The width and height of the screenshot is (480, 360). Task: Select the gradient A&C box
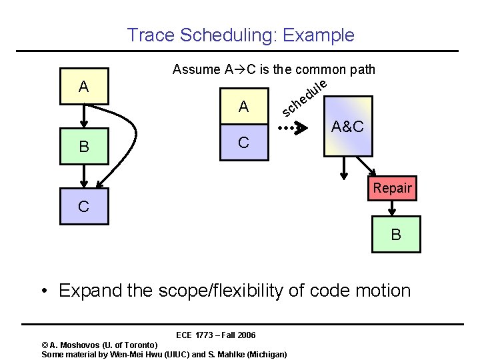(347, 126)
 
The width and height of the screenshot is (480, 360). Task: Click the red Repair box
(392, 188)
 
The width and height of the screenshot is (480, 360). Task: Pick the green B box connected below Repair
(396, 235)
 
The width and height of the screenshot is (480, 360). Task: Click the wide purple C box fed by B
(83, 206)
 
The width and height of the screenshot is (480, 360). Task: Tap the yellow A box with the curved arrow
(83, 87)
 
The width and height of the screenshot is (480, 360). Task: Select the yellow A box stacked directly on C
(244, 106)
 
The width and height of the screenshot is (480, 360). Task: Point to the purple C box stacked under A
(244, 143)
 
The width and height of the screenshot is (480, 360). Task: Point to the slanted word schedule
(304, 98)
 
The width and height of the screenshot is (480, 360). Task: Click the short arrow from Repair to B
(393, 209)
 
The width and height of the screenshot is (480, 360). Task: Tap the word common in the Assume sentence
(317, 69)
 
